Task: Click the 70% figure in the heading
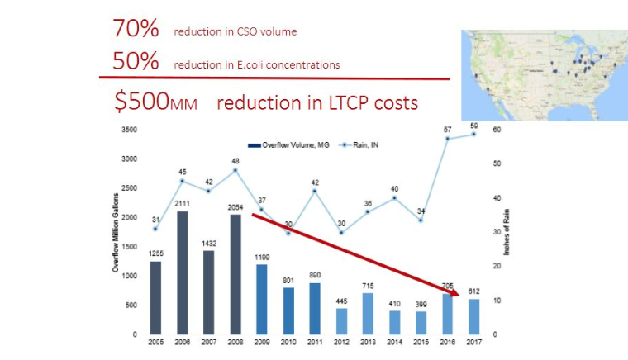[136, 28]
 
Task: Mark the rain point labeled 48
[235, 170]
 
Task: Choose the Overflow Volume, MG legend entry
[285, 145]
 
